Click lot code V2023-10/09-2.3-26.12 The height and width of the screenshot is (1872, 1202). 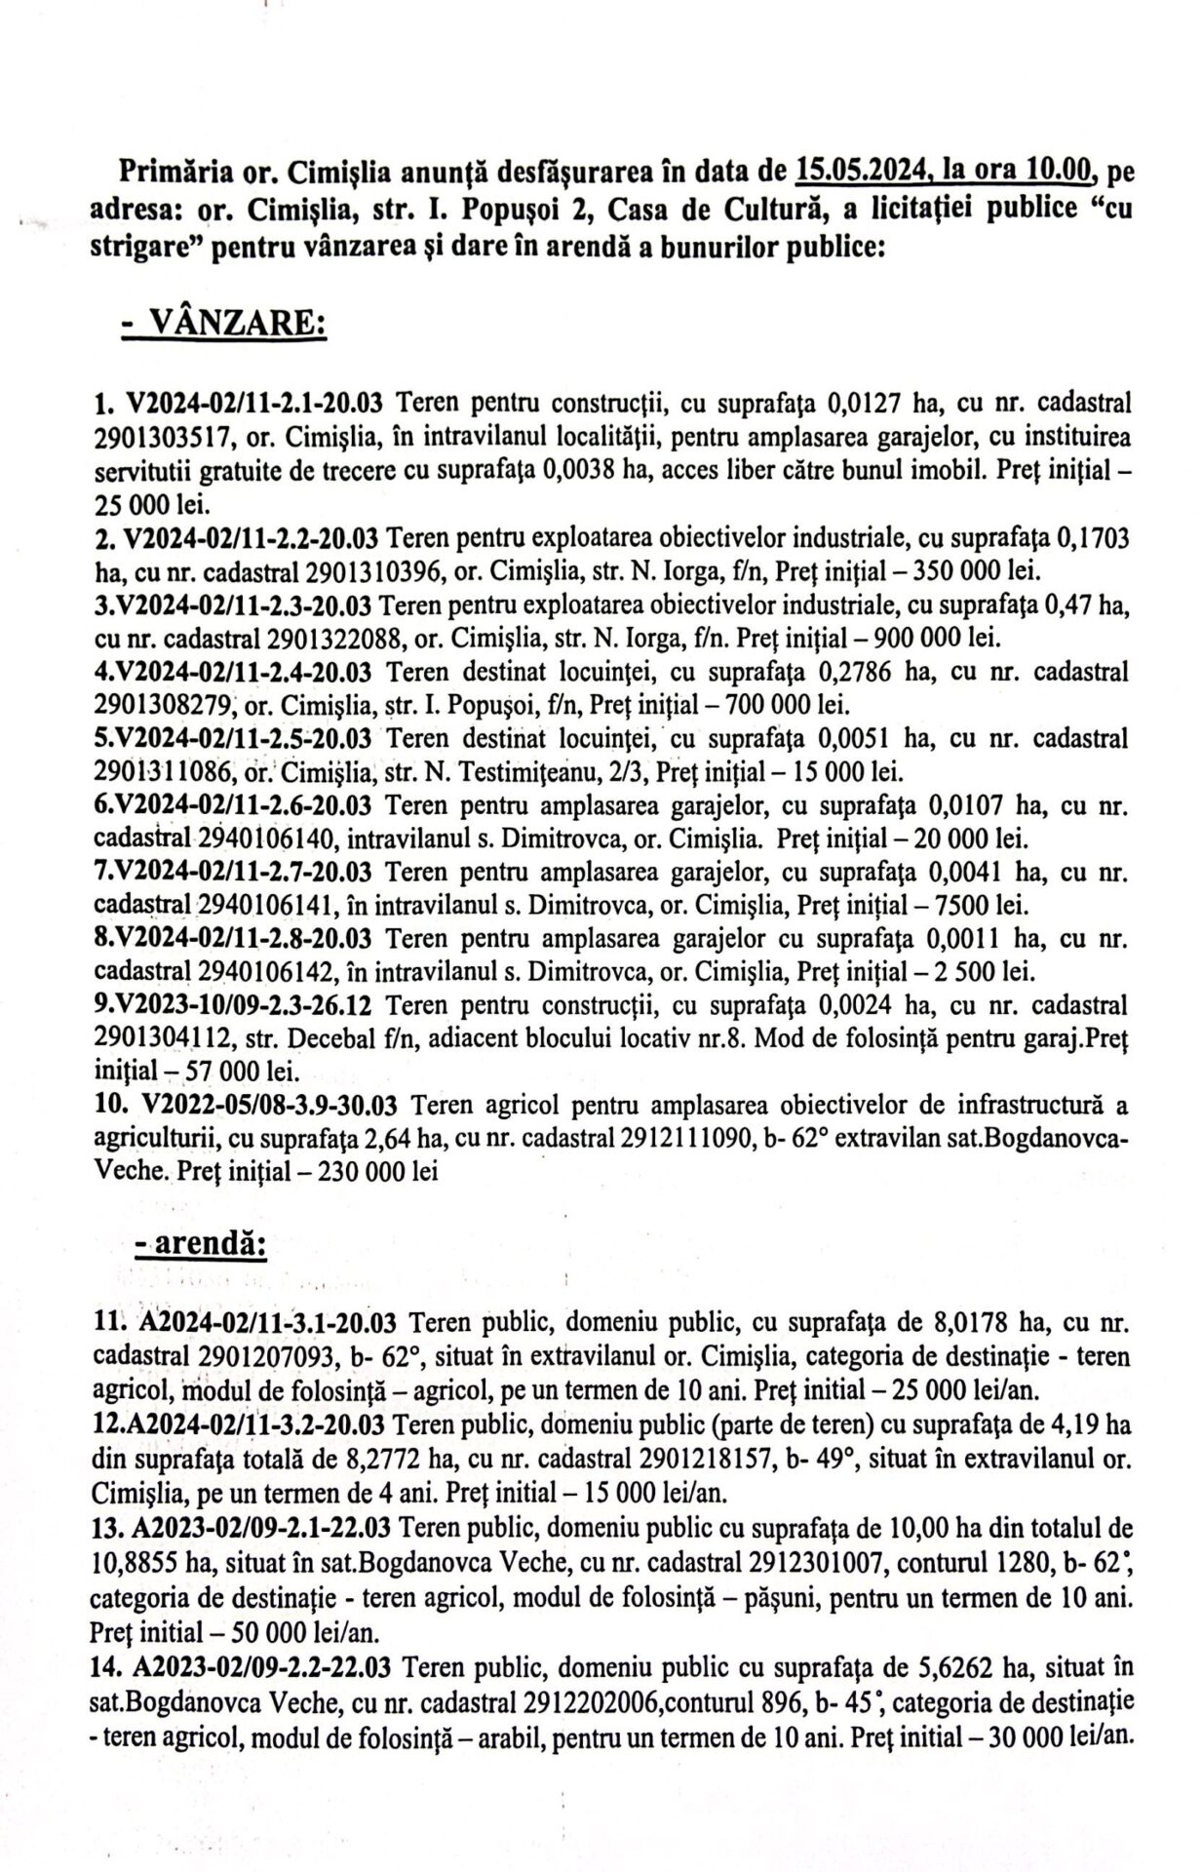pos(248,1005)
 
